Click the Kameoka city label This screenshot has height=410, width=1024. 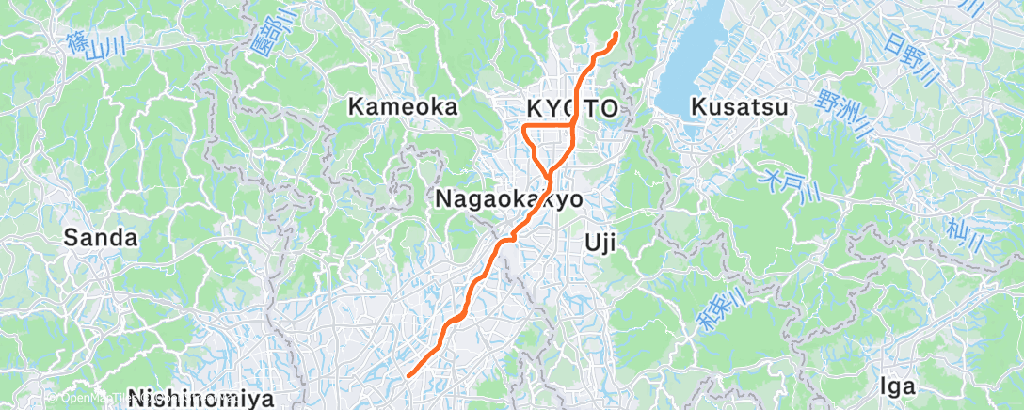coord(403,107)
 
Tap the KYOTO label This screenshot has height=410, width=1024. coord(567,108)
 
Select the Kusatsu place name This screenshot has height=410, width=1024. coord(739,107)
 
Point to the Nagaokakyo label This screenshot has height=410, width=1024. coord(508,199)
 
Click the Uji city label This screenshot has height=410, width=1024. coord(600,244)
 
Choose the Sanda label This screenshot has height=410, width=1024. coord(101,238)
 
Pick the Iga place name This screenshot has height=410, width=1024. coord(896,386)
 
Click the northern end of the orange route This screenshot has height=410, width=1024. coord(616,35)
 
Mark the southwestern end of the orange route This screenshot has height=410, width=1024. coord(410,375)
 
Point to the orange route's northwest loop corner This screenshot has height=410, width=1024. coord(523,125)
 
